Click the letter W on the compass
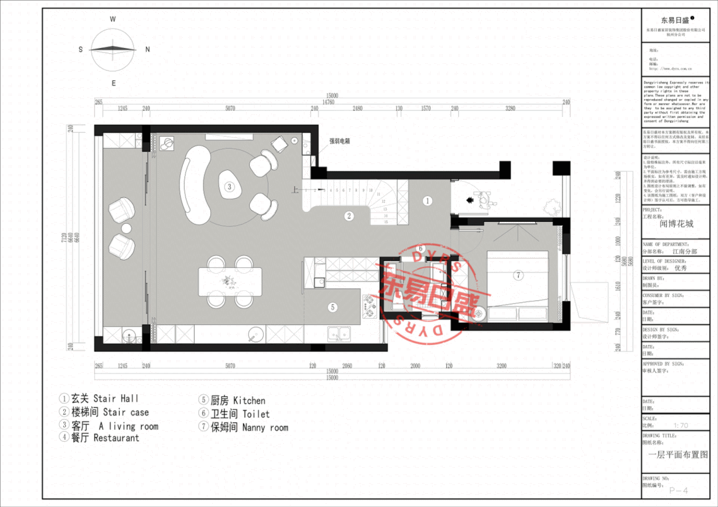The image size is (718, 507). tap(113, 19)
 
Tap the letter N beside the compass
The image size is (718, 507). tap(148, 49)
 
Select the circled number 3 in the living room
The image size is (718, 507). tap(229, 187)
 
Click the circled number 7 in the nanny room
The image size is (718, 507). tap(519, 275)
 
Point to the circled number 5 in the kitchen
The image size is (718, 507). tap(332, 307)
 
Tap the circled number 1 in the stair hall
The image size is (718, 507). tap(427, 200)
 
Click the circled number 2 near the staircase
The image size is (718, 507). tap(348, 215)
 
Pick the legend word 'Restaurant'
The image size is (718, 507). tap(116, 438)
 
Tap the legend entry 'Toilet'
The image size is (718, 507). tap(256, 414)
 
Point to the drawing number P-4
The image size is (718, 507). tap(677, 490)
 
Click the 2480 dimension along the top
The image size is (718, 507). tap(358, 108)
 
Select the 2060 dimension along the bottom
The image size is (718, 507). tap(346, 365)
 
